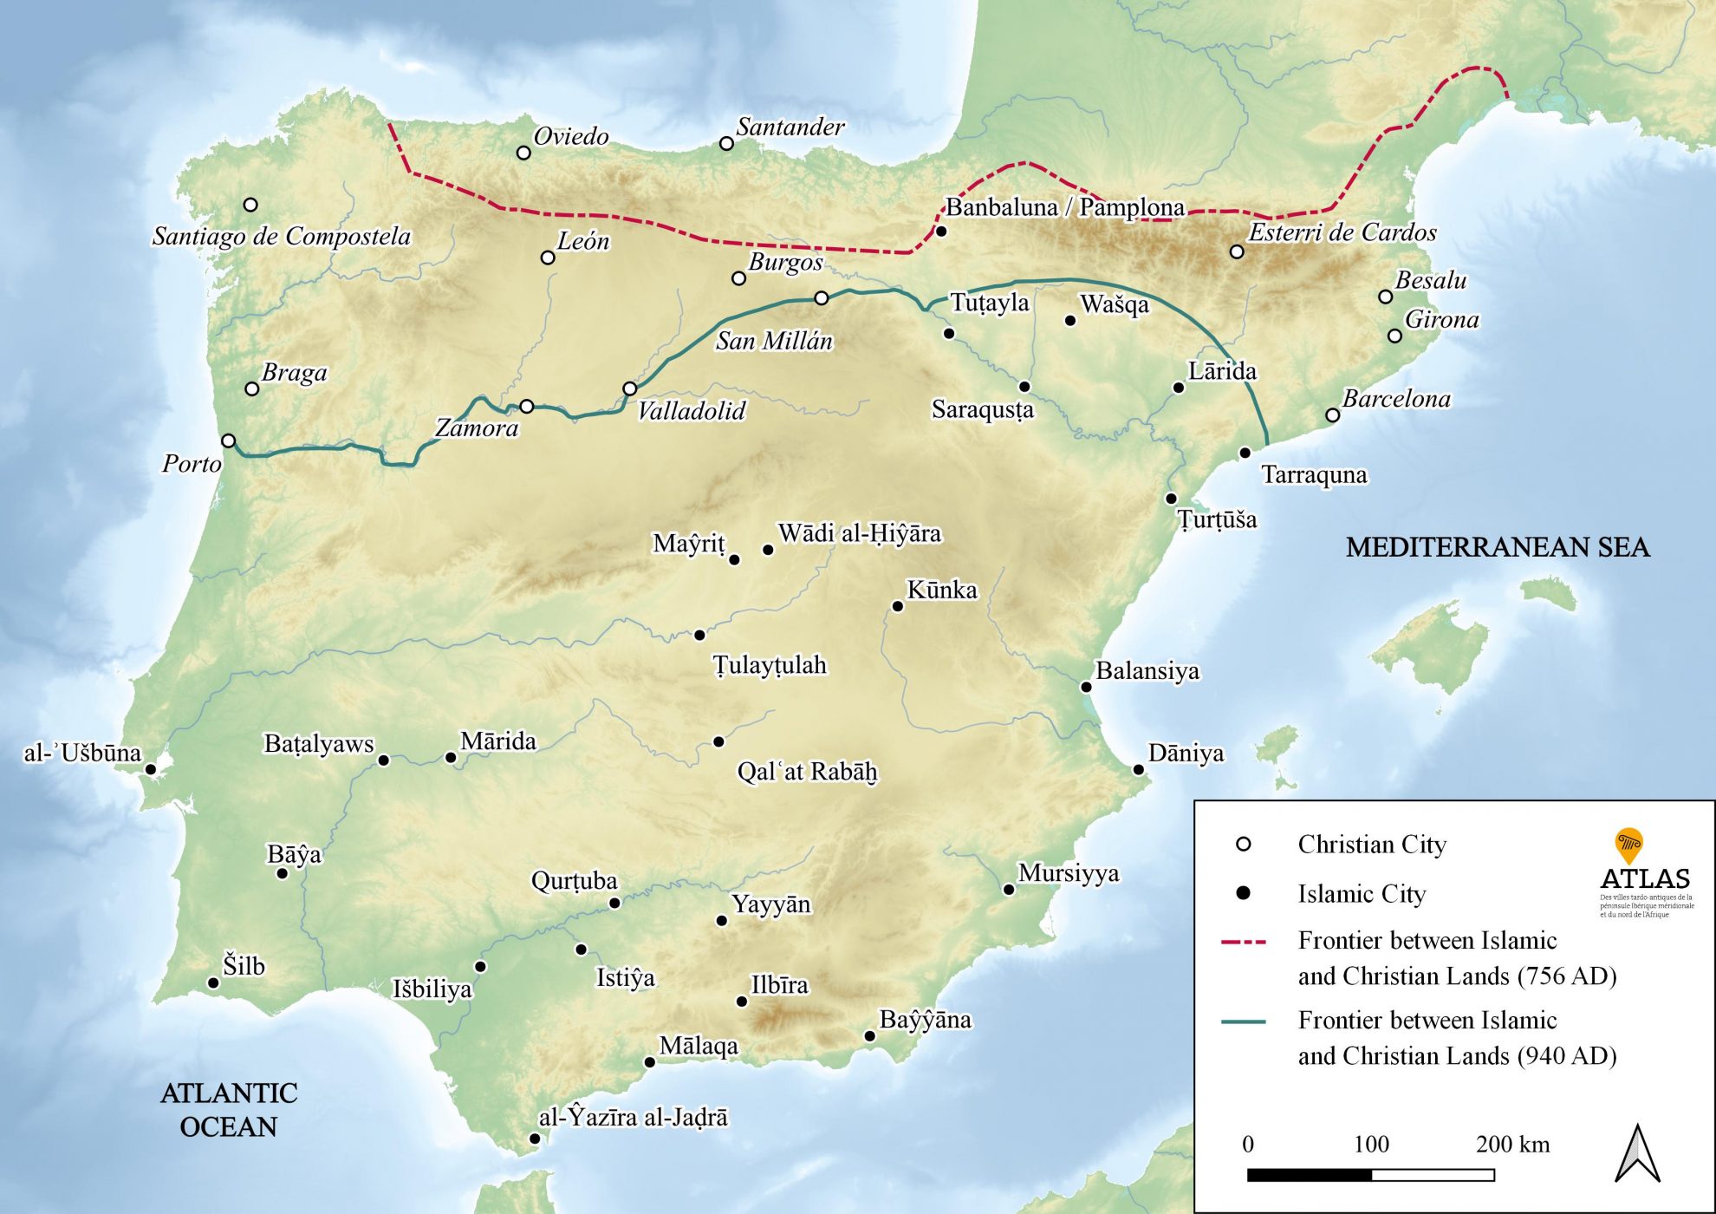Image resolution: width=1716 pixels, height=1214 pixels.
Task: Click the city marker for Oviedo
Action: click(x=523, y=153)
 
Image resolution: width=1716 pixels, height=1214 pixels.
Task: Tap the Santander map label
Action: click(x=790, y=127)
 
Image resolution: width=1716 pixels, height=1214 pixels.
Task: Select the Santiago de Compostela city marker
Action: click(x=250, y=205)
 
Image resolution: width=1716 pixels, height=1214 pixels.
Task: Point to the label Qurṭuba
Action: click(x=574, y=881)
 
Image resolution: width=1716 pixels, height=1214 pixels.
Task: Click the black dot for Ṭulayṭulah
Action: click(x=699, y=635)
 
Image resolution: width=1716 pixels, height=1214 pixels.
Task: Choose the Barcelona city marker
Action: click(x=1333, y=415)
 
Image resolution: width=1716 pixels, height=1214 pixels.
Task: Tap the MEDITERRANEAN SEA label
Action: click(x=1497, y=547)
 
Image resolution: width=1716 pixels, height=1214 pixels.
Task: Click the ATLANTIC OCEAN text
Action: click(x=229, y=1109)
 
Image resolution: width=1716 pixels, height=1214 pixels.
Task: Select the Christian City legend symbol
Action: click(x=1243, y=844)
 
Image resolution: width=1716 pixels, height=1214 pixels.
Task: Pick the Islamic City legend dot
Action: click(x=1243, y=892)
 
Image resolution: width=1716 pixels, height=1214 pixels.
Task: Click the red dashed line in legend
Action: click(x=1243, y=941)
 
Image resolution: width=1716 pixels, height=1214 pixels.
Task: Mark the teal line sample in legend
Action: click(x=1243, y=1021)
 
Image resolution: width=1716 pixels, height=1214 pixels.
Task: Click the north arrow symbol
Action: click(x=1637, y=1153)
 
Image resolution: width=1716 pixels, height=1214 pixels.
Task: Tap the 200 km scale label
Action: click(x=1512, y=1145)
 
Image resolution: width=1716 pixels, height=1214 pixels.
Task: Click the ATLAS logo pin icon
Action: click(x=1629, y=844)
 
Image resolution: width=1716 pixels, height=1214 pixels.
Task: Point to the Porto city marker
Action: click(x=228, y=441)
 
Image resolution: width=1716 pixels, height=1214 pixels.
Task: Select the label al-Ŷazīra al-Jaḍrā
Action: click(x=634, y=1118)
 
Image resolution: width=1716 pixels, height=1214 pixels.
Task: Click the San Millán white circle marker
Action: click(x=822, y=298)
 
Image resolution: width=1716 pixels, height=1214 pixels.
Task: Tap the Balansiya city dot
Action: click(x=1086, y=687)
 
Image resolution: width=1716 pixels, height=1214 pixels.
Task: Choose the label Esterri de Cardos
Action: click(x=1342, y=232)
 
